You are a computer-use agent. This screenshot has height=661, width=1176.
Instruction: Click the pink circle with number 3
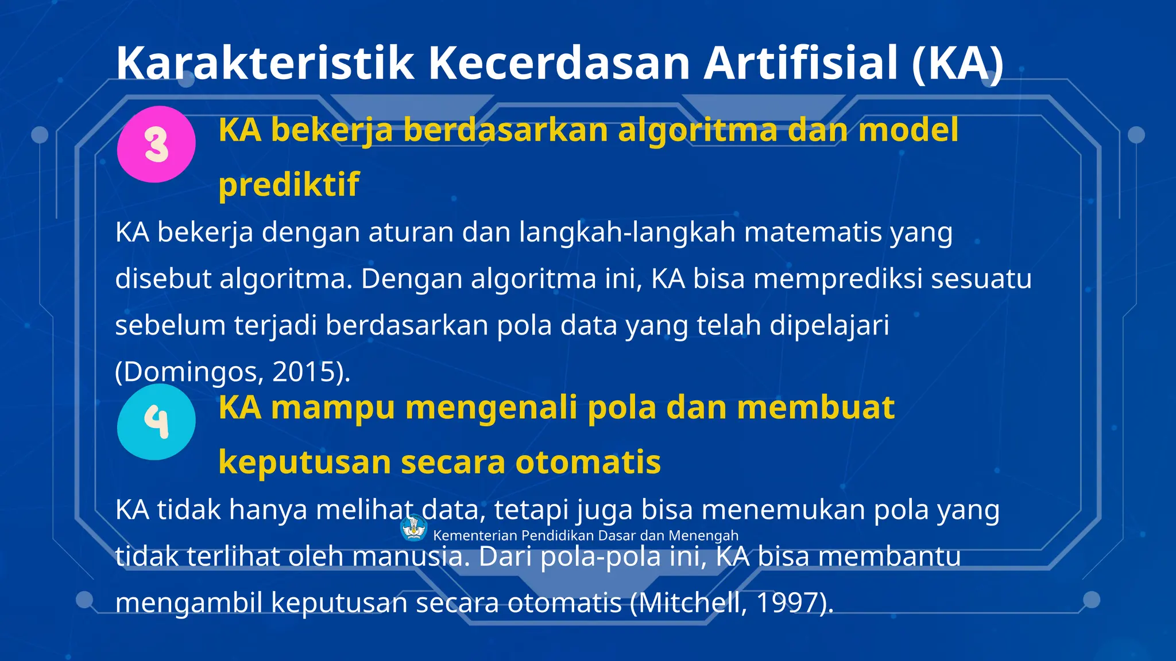[156, 144]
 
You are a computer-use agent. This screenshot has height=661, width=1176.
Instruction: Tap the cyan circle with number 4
[156, 422]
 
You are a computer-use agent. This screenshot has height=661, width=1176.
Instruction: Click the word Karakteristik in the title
[265, 63]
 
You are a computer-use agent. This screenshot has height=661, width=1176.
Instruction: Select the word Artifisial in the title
[800, 63]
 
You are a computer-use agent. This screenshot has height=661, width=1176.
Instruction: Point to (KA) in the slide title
[957, 63]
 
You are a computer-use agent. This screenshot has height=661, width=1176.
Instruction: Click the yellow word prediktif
[289, 184]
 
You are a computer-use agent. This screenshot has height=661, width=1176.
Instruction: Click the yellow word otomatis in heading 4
[588, 462]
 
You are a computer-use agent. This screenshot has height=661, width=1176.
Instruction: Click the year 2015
[304, 372]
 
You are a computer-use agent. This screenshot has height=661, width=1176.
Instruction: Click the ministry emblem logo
[413, 528]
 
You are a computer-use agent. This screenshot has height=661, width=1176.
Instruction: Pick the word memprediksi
[838, 279]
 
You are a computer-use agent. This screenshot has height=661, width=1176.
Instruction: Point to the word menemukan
[783, 510]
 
